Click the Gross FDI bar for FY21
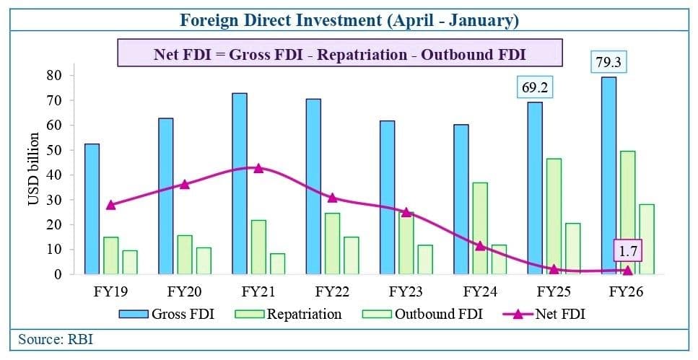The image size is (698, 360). point(240,183)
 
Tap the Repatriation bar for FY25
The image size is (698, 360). point(554,216)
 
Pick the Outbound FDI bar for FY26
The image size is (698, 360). point(646,239)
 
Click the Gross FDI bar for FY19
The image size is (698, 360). point(92,208)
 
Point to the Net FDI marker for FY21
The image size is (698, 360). point(258,168)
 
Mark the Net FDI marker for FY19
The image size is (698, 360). point(110,205)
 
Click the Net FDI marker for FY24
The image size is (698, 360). point(480,246)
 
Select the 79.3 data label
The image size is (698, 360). point(608,63)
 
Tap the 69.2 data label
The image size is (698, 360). point(534,88)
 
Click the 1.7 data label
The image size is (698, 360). point(627,252)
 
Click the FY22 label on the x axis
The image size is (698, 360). point(332,292)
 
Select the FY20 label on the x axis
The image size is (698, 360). point(184,292)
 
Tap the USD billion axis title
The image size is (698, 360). point(33,169)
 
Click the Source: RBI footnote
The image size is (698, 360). point(56,339)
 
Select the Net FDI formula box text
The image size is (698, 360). point(339,54)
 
